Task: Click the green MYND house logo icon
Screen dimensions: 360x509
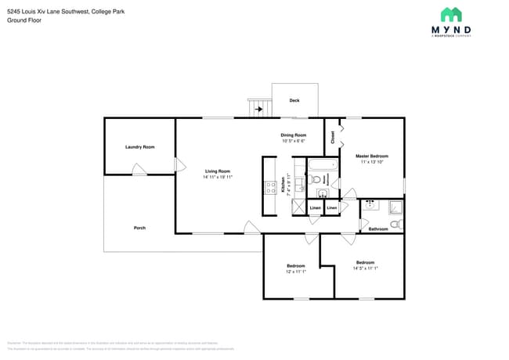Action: tap(450, 15)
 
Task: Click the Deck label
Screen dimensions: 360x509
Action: tap(294, 100)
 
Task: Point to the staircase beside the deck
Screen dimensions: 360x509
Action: tap(260, 108)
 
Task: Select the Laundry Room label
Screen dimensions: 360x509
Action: tap(139, 147)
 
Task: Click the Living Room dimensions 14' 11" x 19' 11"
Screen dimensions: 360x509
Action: tap(218, 177)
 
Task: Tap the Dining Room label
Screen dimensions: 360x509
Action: tap(294, 135)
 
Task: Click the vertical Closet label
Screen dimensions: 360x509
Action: tap(333, 137)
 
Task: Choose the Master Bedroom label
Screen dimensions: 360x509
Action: tap(372, 156)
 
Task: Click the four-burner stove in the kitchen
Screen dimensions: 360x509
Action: tap(270, 187)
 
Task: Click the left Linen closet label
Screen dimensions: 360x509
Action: tap(315, 207)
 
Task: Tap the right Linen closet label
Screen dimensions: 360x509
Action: tap(332, 207)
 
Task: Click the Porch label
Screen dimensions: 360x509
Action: tap(139, 228)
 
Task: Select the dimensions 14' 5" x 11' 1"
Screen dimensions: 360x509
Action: tap(365, 268)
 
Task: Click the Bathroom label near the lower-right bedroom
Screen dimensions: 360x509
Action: tap(379, 229)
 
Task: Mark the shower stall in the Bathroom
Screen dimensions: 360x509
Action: tap(396, 207)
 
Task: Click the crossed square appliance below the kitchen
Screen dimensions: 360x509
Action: tap(298, 207)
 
